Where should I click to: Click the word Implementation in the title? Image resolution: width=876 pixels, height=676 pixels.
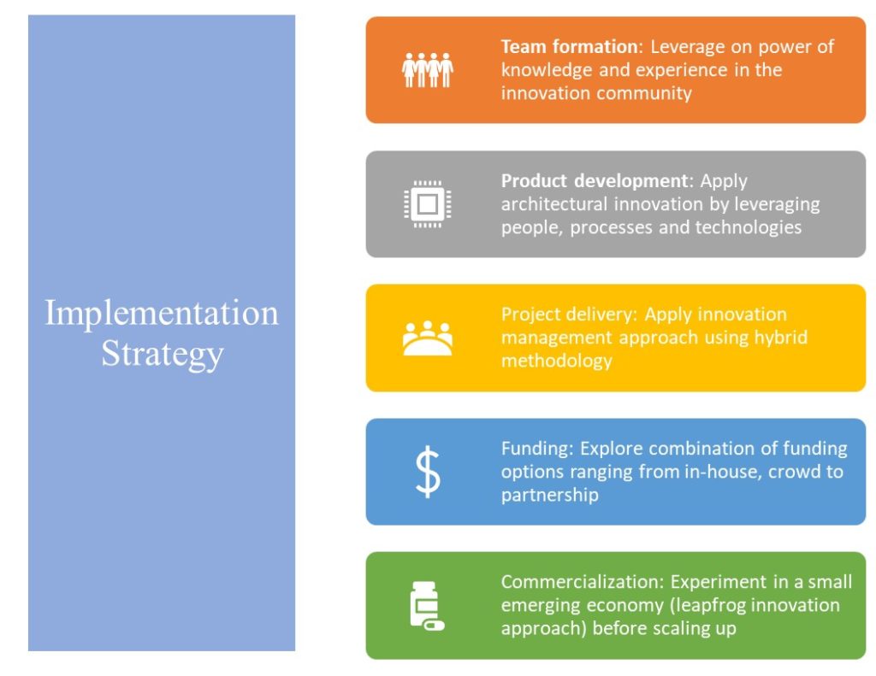(162, 314)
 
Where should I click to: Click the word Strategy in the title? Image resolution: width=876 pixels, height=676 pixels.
(162, 355)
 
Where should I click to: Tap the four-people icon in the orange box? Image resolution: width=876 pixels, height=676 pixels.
(428, 70)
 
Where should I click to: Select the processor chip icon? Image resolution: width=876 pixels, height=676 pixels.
(428, 203)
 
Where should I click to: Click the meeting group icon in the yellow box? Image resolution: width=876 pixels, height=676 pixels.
(428, 338)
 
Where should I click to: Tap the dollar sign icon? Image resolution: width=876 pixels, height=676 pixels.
(428, 472)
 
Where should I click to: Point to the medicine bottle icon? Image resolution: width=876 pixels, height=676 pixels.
(427, 606)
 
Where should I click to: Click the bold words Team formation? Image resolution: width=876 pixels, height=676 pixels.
(569, 47)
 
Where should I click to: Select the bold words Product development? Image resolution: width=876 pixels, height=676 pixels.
(594, 181)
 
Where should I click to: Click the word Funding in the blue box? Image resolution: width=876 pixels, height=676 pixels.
(537, 449)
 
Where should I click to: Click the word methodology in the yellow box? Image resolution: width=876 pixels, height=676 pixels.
(556, 362)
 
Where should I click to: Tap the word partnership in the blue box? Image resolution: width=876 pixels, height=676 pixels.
(550, 496)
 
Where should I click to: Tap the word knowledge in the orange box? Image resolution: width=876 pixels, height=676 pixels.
(547, 70)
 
